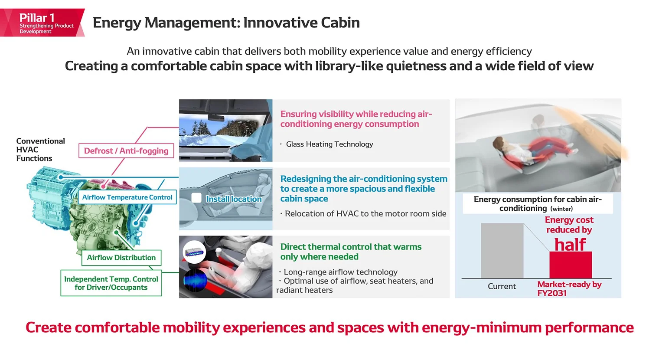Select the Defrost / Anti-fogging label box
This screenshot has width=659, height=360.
pos(126,151)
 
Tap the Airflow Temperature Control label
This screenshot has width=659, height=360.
pos(127,197)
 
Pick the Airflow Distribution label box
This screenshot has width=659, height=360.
pos(121,258)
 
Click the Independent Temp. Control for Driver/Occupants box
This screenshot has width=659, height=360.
pos(111,283)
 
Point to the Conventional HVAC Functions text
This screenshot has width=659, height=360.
pos(40,150)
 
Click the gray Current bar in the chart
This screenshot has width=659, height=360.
pos(502,251)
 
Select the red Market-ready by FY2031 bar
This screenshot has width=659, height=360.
pos(571,265)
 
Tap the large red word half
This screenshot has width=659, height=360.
pos(570,245)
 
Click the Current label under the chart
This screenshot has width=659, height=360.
pos(502,286)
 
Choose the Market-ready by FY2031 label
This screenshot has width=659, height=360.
pos(569,288)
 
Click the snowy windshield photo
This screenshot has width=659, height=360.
pos(225,131)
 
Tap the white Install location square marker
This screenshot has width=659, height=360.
pos(196,198)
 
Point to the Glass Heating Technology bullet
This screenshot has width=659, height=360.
pos(329,144)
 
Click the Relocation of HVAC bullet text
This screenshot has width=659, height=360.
pos(365,214)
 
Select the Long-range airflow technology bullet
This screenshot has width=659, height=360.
pos(340,272)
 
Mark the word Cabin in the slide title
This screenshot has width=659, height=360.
pos(340,23)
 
